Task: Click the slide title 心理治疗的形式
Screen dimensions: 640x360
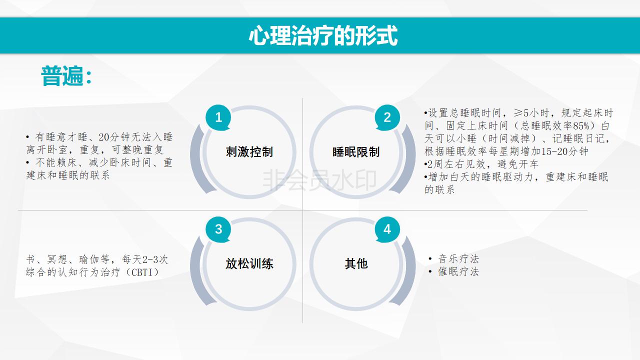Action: (x=323, y=35)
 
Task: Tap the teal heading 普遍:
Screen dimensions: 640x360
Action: (x=66, y=76)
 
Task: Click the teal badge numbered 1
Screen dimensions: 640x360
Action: (x=218, y=117)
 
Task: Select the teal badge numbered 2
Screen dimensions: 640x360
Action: (x=387, y=117)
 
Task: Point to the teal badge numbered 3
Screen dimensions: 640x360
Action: (x=218, y=229)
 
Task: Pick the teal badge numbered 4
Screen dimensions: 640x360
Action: (x=387, y=229)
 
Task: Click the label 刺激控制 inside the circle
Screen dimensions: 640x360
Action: (x=249, y=151)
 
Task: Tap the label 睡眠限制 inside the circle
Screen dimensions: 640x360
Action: (x=356, y=151)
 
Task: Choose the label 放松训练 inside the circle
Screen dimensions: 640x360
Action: (x=249, y=263)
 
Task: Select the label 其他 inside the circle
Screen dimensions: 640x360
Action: (x=356, y=263)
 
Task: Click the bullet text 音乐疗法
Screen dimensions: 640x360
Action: (x=458, y=259)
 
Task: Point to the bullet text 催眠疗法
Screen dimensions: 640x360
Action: (x=458, y=271)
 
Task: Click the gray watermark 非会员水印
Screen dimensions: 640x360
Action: (x=319, y=180)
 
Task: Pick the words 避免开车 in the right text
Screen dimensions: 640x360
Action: (x=517, y=164)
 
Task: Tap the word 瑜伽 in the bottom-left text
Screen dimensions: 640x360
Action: (x=88, y=259)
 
